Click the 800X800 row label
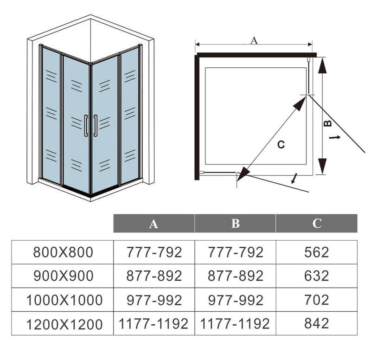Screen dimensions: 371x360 click(x=63, y=252)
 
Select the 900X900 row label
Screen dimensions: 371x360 click(x=63, y=276)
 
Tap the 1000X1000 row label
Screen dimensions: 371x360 click(x=64, y=300)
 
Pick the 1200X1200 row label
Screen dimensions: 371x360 click(x=64, y=324)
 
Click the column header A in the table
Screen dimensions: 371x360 click(x=154, y=224)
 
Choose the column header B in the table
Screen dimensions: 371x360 click(x=236, y=224)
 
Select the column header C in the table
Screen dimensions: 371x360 click(x=317, y=224)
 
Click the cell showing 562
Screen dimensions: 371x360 click(x=317, y=252)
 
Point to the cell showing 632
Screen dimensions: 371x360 click(x=317, y=276)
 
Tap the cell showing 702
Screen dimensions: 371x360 click(x=317, y=300)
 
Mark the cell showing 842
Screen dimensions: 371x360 click(x=317, y=323)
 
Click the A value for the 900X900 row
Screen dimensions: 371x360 click(x=154, y=276)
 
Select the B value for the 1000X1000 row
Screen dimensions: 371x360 click(x=236, y=300)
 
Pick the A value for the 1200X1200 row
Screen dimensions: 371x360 click(x=154, y=323)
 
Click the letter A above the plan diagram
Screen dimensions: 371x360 click(x=254, y=40)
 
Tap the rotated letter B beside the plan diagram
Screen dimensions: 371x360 click(x=328, y=123)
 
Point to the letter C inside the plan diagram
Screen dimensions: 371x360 click(x=281, y=144)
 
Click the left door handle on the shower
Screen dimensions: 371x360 click(x=86, y=126)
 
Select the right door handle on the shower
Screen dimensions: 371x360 click(x=95, y=126)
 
